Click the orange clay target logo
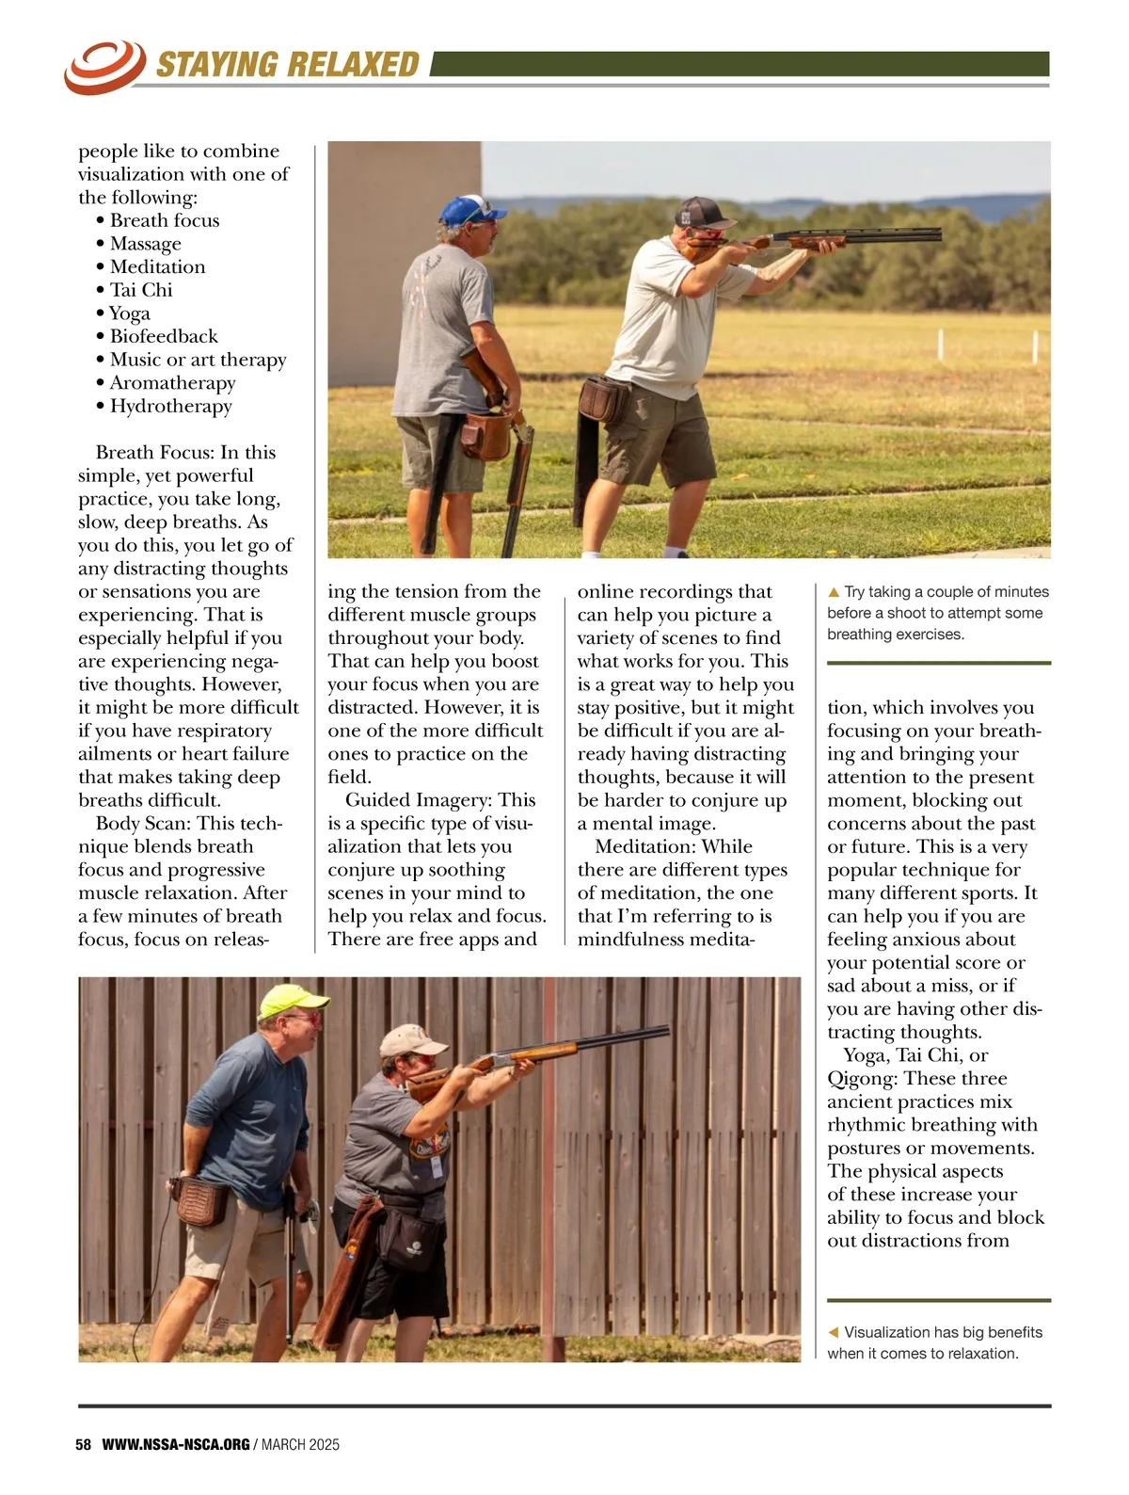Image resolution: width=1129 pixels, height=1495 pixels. (103, 66)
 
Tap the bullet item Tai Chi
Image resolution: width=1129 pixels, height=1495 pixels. (141, 290)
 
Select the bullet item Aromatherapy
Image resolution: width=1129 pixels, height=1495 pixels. (172, 382)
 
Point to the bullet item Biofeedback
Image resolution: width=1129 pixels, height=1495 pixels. (163, 336)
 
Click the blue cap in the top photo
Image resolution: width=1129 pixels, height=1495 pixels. (470, 208)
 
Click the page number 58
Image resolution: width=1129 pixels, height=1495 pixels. (84, 1444)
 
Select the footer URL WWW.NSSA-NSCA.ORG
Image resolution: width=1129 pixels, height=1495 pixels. (176, 1444)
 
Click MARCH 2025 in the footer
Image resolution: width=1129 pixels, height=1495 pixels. (300, 1444)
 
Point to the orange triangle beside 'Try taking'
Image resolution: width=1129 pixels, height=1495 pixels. (834, 592)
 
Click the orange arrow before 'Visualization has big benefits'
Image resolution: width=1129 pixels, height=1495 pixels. (833, 1332)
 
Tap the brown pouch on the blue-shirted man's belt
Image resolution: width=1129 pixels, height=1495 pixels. (199, 1200)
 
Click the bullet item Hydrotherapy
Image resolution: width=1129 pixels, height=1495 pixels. (170, 406)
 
